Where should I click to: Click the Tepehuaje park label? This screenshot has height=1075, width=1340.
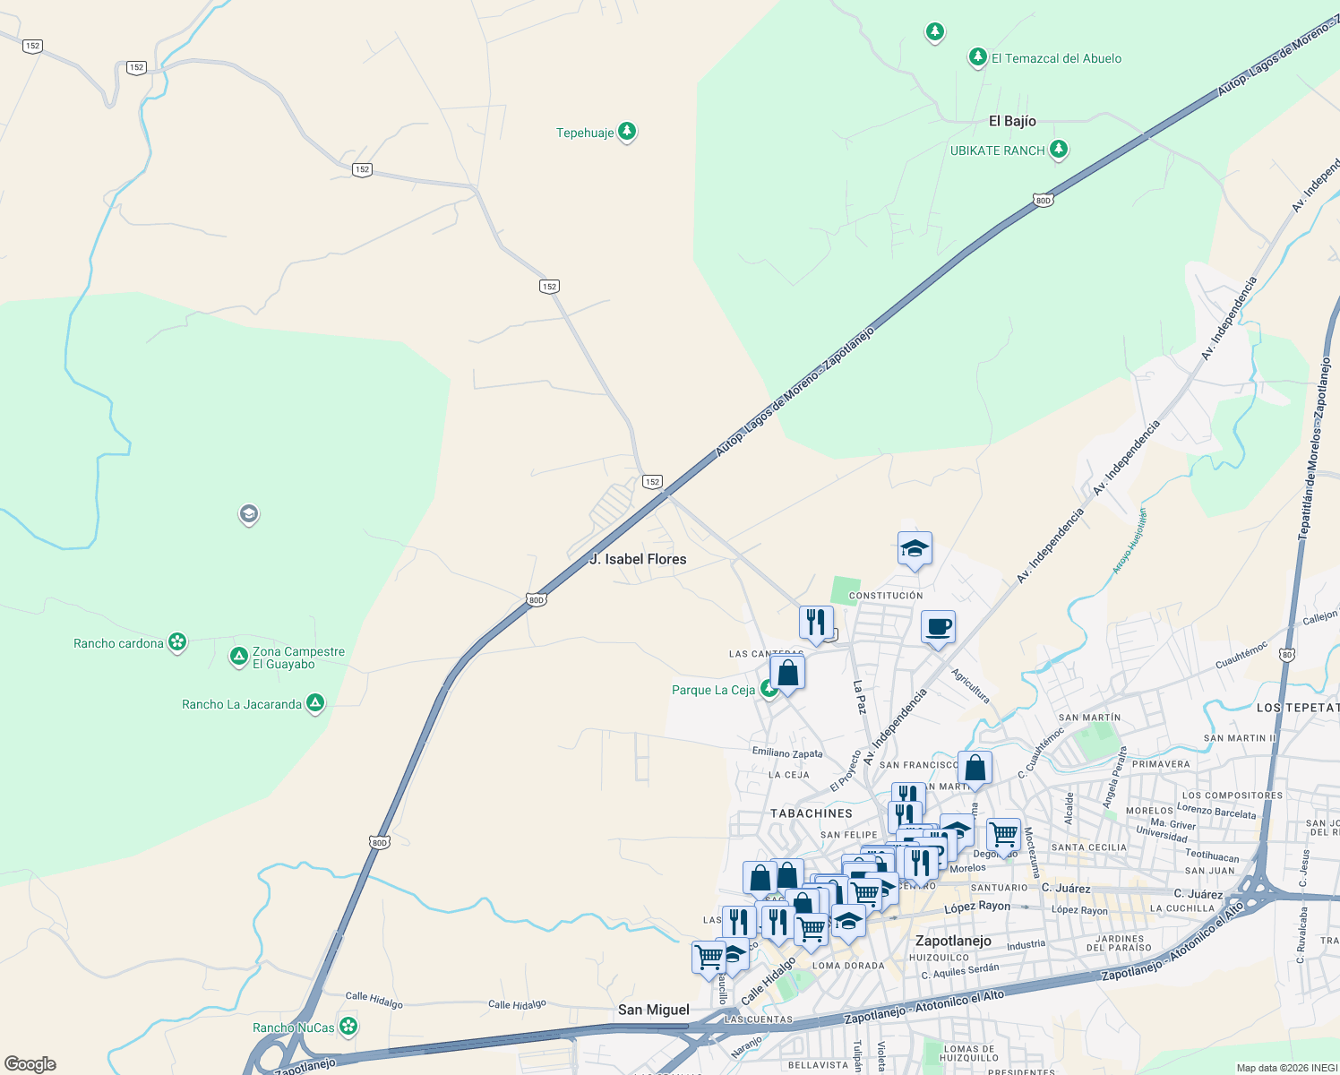tap(585, 133)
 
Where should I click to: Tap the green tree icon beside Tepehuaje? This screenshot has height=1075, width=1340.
tap(628, 132)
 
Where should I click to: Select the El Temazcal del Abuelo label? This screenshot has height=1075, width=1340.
tap(1056, 59)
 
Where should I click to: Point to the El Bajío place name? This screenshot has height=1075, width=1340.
tap(1012, 121)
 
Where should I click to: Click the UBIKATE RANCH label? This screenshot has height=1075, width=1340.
tap(997, 150)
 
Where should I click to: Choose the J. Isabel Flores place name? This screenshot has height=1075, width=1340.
tap(639, 559)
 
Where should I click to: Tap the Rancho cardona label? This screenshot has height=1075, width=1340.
tap(118, 643)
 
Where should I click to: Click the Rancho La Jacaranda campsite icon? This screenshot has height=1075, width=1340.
tap(315, 703)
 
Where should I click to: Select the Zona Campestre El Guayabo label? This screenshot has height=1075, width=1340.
tap(298, 658)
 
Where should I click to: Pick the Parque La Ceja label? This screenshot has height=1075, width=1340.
tap(713, 690)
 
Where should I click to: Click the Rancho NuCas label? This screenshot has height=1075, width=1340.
tap(293, 1028)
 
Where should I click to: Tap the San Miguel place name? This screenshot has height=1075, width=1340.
tap(654, 1010)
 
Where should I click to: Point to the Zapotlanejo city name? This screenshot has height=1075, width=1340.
tap(953, 941)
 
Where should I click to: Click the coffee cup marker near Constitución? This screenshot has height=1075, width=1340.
tap(938, 628)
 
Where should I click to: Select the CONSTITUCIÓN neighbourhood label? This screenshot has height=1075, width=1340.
tap(885, 596)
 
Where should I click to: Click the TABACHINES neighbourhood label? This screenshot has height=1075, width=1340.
tap(812, 813)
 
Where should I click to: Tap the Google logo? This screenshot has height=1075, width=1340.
tap(30, 1064)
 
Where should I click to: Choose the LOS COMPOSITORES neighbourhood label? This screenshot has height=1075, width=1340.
tap(1233, 795)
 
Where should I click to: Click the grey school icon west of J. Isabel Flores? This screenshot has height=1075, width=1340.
tap(249, 514)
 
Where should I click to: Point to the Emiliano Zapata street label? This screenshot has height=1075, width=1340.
tap(787, 753)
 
